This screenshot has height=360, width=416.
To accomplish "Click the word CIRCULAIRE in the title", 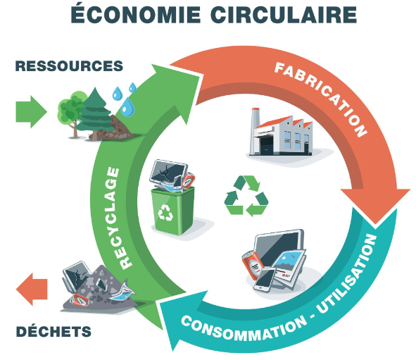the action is click(284, 15).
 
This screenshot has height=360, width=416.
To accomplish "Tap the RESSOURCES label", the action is click(69, 66).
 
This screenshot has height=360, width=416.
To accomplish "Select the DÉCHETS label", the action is click(53, 331).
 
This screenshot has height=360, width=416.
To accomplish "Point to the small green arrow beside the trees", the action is click(31, 112).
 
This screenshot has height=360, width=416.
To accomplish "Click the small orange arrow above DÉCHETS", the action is click(32, 289).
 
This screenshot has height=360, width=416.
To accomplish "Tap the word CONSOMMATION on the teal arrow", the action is click(244, 328).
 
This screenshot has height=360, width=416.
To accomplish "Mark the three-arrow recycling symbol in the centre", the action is click(246, 196).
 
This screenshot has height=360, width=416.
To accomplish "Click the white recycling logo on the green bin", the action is click(165, 212).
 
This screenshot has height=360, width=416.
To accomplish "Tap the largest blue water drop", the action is click(127, 107).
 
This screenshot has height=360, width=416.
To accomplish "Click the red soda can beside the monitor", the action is click(252, 265).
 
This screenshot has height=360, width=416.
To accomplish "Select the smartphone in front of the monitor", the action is click(265, 280).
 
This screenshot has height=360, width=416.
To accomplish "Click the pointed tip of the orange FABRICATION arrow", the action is click(375, 224).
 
